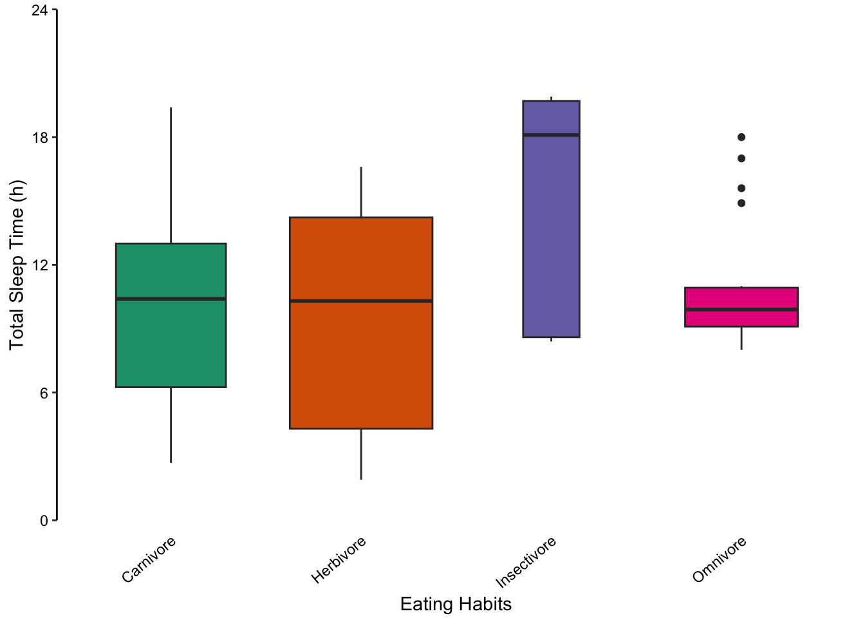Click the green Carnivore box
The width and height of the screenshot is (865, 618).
point(171,341)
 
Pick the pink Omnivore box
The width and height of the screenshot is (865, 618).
point(741,319)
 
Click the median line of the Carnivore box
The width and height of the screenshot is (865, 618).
point(171,299)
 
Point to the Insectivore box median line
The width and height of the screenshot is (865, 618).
point(551,135)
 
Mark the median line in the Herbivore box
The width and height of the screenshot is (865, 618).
point(360,301)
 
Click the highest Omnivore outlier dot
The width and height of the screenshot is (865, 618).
point(741,137)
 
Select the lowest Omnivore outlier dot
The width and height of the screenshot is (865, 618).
point(741,203)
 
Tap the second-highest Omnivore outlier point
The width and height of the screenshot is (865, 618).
point(741,158)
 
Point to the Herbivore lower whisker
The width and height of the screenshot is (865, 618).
point(361,454)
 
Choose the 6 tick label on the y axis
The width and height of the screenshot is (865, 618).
point(44,393)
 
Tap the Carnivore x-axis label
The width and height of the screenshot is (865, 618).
point(149,559)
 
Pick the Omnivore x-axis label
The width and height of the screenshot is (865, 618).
point(720,559)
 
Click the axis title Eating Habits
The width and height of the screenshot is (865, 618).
point(456,604)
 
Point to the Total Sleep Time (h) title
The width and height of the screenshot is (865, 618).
point(17,265)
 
